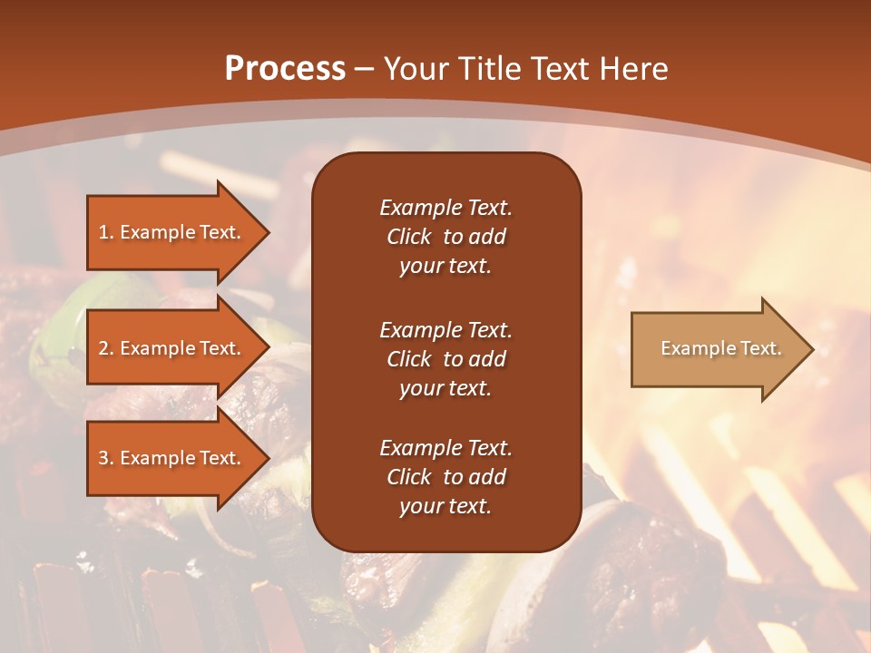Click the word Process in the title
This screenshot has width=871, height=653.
click(285, 69)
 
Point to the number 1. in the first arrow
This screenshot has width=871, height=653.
click(106, 232)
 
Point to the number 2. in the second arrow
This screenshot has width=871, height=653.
click(106, 348)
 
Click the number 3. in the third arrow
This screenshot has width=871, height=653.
click(106, 458)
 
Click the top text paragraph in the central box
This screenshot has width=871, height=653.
click(445, 237)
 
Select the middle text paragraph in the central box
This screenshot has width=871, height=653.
click(445, 358)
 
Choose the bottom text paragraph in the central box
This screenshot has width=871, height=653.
click(445, 477)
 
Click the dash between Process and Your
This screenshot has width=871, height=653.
click(365, 69)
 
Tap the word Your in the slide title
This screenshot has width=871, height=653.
click(415, 69)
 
